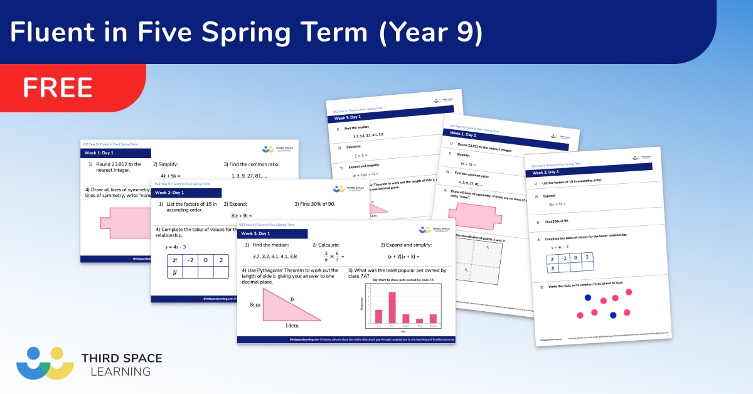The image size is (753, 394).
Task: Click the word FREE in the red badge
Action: point(58,87)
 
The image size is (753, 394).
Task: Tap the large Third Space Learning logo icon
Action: point(45,363)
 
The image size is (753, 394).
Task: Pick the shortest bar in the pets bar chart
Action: point(419,321)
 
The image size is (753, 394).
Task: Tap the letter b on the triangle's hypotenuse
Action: point(292,299)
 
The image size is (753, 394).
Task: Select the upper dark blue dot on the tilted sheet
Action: point(588,297)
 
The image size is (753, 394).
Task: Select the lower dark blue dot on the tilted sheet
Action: point(613,314)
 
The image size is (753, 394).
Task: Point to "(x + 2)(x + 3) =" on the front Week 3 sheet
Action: point(399,257)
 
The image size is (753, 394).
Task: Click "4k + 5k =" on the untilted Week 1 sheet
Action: point(170,176)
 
